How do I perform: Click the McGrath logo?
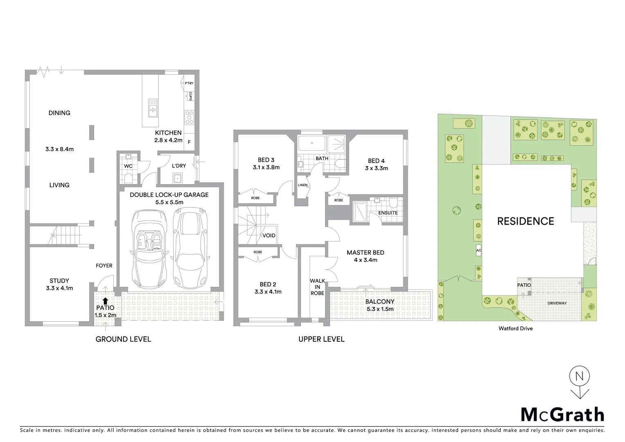[x=562, y=415]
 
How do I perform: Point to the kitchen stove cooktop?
[x=189, y=117]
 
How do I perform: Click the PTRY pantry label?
[x=189, y=83]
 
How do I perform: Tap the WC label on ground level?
[x=128, y=166]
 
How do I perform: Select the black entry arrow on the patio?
[x=106, y=301]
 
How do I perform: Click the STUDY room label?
[x=59, y=281]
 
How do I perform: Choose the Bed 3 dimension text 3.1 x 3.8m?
[x=266, y=167]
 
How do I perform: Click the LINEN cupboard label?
[x=303, y=185]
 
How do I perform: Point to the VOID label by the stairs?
[x=269, y=236]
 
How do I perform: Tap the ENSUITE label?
[x=388, y=213]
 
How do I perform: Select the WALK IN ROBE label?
[x=317, y=287]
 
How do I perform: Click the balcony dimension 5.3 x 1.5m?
[x=380, y=309]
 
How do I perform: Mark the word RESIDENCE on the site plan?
[x=526, y=221]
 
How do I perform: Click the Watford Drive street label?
[x=515, y=328]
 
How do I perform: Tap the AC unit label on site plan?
[x=479, y=250]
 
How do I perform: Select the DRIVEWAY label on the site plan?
[x=557, y=303]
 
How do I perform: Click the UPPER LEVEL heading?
[x=321, y=339]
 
